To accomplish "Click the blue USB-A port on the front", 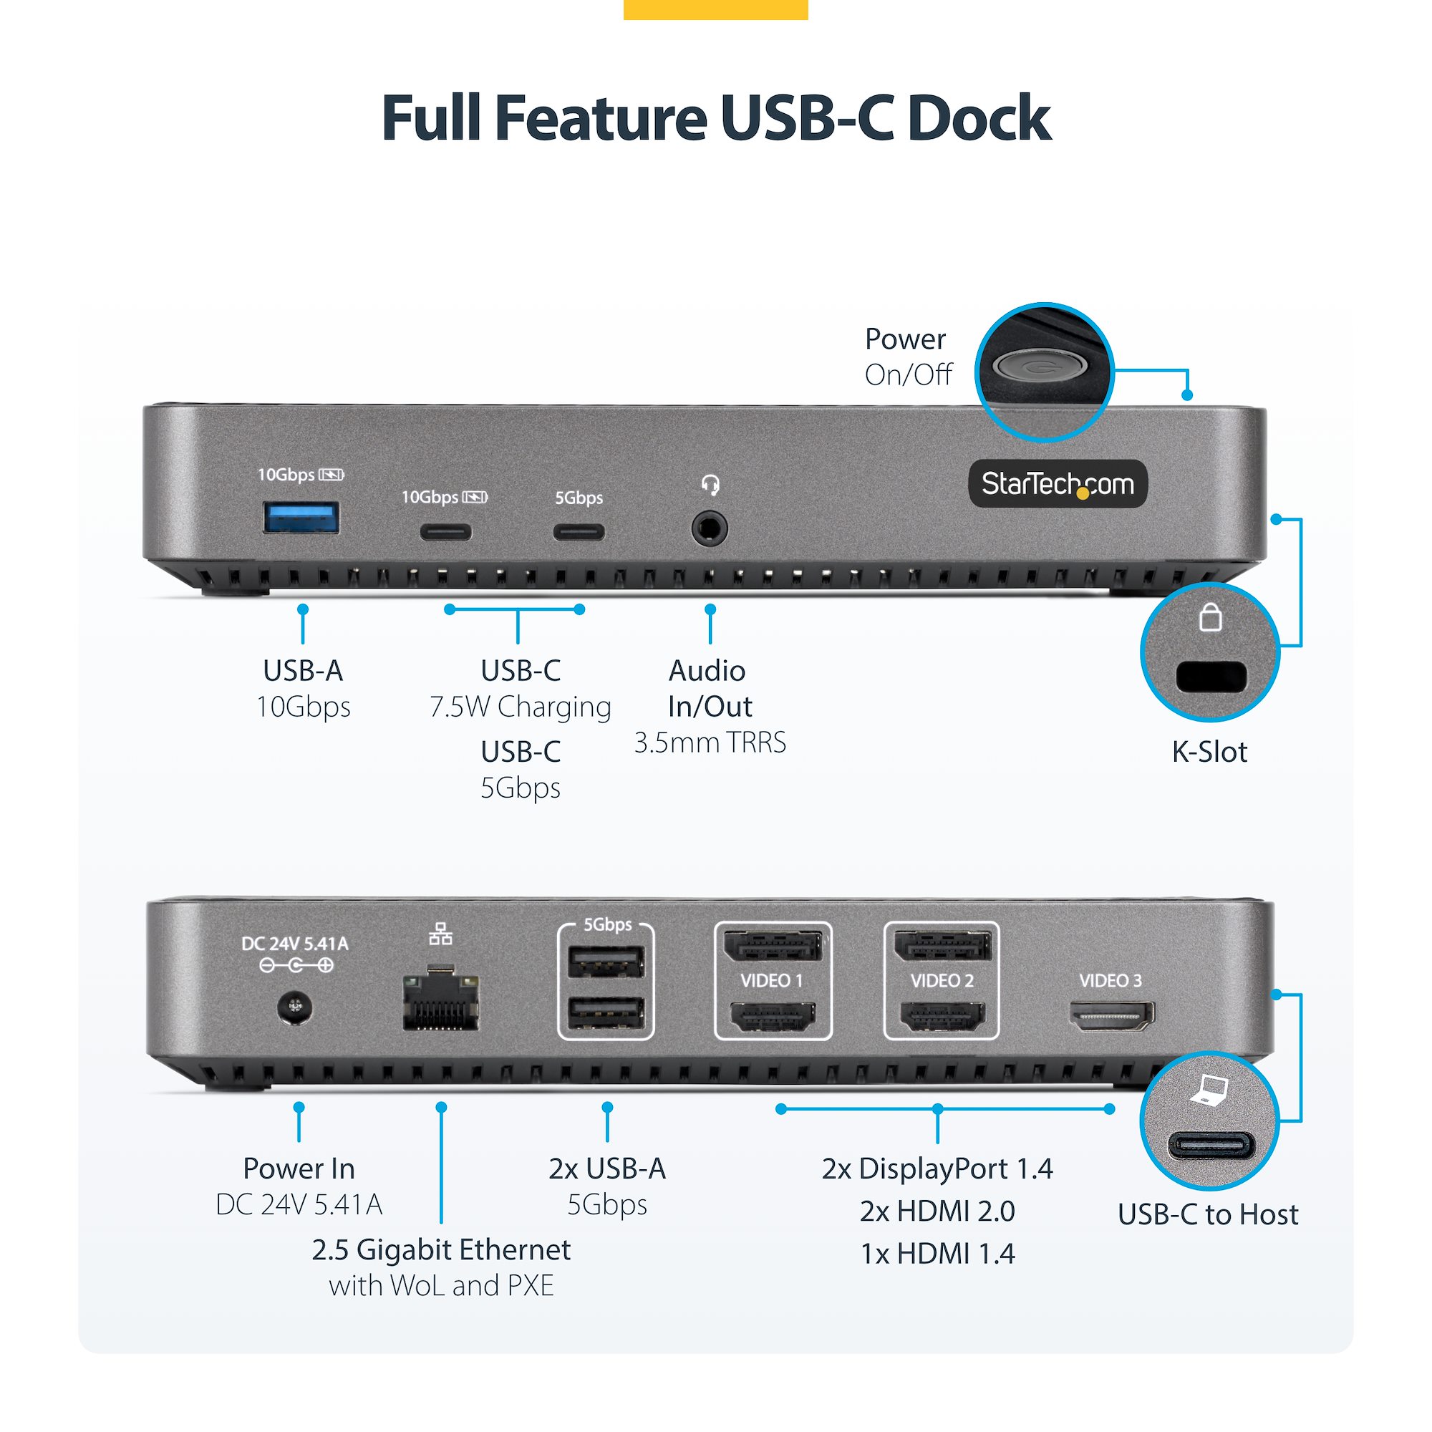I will click(301, 518).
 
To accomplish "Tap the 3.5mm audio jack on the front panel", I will click(710, 530).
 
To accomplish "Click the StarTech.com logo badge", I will click(1058, 484).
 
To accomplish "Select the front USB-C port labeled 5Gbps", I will click(579, 531).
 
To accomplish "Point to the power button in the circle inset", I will click(1040, 365).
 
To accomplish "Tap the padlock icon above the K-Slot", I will click(1210, 616).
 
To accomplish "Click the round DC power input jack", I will click(295, 1007).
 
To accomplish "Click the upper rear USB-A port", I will click(606, 963).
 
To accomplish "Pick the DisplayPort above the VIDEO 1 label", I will click(773, 947).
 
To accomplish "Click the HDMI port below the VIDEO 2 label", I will click(942, 1016).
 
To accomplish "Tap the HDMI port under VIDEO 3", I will click(1111, 1015).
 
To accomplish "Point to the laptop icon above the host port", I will click(1210, 1091).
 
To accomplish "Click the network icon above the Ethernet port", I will click(440, 934).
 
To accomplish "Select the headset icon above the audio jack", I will click(710, 485).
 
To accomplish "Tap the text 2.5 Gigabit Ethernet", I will click(441, 1249).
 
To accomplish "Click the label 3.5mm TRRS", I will click(710, 742).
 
